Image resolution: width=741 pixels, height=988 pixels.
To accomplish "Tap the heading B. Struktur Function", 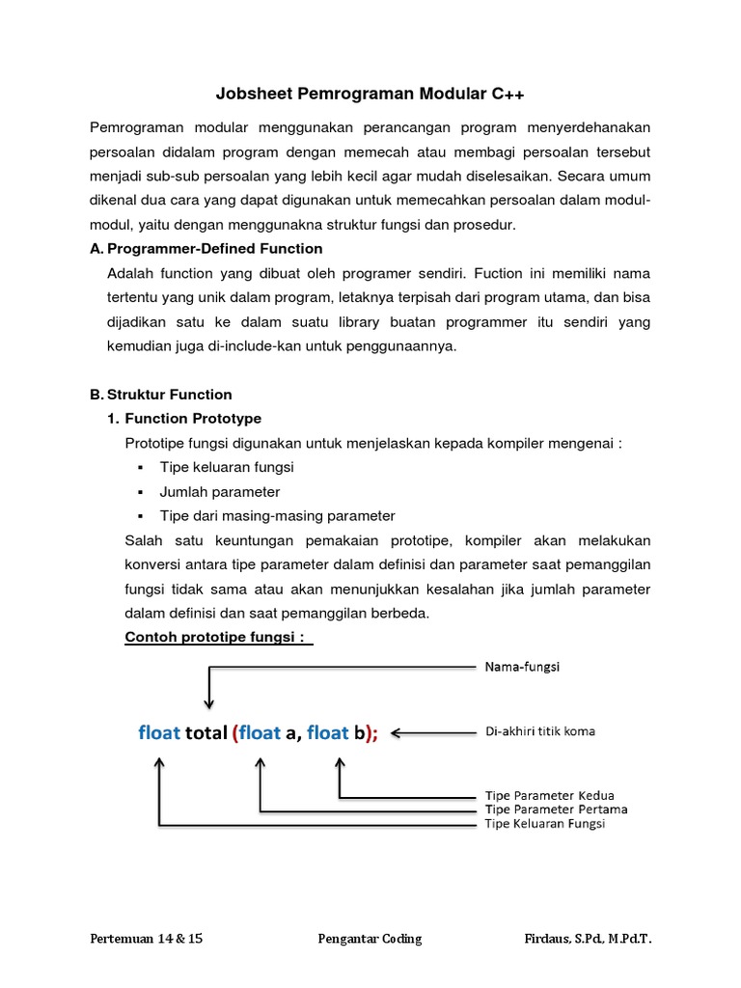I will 161,395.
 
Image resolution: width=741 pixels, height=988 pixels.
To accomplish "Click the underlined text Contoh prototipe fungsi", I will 213,638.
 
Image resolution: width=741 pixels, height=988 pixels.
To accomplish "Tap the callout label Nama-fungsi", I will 523,666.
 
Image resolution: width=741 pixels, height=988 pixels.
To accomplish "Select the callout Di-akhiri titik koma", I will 539,731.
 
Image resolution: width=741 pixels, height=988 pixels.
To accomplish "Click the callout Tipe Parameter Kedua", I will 549,796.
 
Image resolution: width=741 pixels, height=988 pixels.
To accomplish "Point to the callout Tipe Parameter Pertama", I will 556,810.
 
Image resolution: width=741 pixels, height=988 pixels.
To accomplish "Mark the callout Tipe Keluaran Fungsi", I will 545,824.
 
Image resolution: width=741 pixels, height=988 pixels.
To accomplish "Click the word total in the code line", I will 206,733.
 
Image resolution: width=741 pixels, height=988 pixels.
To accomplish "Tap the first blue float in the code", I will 159,733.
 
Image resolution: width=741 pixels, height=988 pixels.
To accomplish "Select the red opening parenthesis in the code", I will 234,733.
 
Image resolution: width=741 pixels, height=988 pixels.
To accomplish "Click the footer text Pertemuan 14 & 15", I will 147,939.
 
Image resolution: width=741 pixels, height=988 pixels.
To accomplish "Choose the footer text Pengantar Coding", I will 370,939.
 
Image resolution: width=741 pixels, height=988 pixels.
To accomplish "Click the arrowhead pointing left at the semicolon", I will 397,732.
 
